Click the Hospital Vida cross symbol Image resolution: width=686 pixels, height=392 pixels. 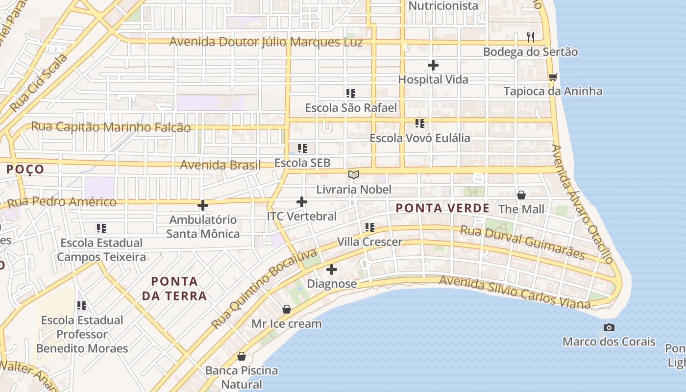click(x=433, y=65)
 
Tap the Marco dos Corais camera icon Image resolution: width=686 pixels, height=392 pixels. click(x=609, y=327)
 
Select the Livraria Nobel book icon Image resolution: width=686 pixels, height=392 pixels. click(x=354, y=175)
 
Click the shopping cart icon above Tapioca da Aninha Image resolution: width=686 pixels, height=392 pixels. click(x=553, y=77)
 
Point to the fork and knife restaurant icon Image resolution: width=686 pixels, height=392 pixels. click(x=530, y=37)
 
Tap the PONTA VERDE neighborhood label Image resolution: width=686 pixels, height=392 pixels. click(x=442, y=208)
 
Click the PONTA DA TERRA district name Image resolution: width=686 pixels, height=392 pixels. click(x=174, y=289)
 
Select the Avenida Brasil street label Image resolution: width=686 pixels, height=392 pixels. click(x=220, y=165)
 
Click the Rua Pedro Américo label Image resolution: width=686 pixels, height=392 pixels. click(x=62, y=202)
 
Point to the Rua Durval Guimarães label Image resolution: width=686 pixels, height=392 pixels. click(x=523, y=242)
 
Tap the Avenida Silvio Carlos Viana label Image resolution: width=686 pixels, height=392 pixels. click(x=514, y=293)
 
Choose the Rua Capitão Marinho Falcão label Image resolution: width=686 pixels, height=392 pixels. click(x=111, y=127)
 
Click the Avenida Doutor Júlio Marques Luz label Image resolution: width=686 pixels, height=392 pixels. click(x=266, y=42)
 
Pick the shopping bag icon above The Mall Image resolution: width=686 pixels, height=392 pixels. click(x=521, y=195)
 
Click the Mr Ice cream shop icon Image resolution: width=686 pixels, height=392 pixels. click(x=287, y=309)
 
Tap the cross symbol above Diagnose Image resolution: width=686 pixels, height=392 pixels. click(x=332, y=269)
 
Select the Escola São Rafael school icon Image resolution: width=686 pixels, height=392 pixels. click(x=351, y=93)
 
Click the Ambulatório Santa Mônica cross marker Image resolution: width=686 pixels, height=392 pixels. click(x=203, y=205)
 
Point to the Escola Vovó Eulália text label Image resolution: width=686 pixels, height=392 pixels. click(x=420, y=138)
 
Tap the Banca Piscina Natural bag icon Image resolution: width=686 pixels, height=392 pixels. click(x=241, y=356)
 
